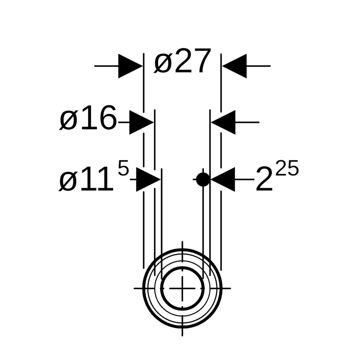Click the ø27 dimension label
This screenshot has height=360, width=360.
pos(182,61)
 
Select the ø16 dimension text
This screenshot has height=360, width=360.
pos(88,118)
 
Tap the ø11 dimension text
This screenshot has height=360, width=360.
pos(86,179)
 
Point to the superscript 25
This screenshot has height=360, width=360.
pos(287,168)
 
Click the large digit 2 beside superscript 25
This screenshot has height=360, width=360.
pos(264,179)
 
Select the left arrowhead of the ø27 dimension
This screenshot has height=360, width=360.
pos(130,66)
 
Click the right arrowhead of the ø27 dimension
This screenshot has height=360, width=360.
pos(234,66)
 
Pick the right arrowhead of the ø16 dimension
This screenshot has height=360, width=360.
pos(223,122)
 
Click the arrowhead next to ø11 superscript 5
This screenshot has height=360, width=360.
pos(148,179)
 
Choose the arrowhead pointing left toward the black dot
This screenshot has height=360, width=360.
pos(223,179)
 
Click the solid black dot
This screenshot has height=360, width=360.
pos(203,179)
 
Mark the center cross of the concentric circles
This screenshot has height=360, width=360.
pos(182,288)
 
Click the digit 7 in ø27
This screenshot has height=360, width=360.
pos(202,61)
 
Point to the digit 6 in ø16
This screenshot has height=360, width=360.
pos(108,118)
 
